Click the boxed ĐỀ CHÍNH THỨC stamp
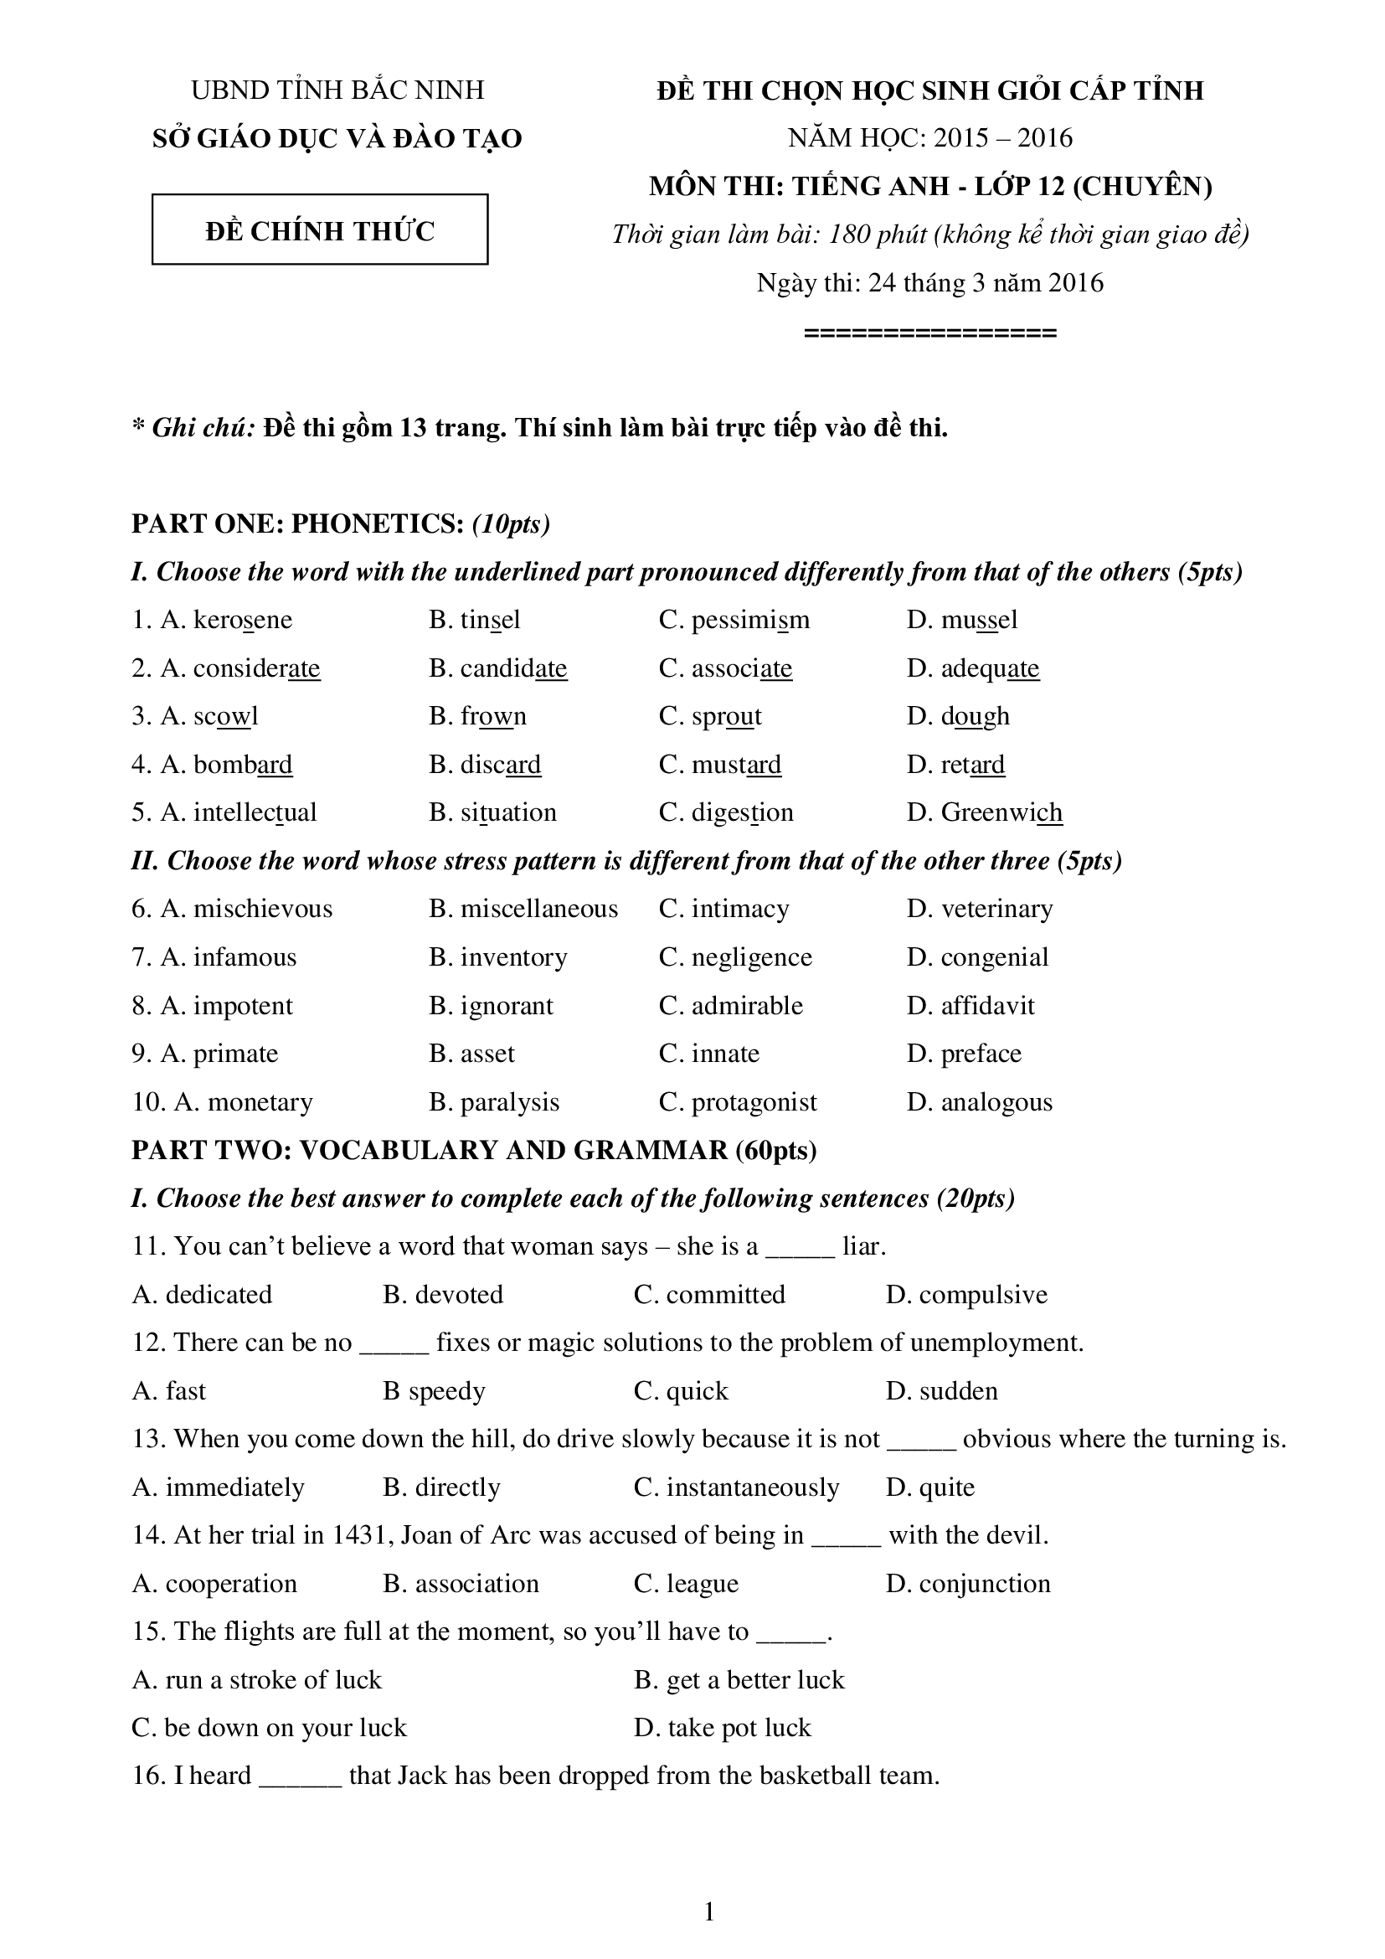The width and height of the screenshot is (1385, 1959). coord(320,230)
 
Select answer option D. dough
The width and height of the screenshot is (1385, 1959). coord(958,716)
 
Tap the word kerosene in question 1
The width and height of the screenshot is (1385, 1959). coord(242,620)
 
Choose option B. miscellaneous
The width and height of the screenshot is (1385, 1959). coord(523,909)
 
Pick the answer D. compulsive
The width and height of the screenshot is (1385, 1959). coord(966,1294)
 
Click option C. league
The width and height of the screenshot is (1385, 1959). coord(686,1584)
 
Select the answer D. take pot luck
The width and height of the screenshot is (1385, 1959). coord(723,1728)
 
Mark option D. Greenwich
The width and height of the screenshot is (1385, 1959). coord(984,812)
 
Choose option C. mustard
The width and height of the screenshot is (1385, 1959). coord(720,765)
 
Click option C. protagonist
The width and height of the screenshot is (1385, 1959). coord(738,1102)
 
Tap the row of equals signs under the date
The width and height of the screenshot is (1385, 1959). coord(930,333)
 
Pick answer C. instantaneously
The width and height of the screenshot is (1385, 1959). coord(736,1487)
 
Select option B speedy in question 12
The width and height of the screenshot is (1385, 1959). coord(434,1391)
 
